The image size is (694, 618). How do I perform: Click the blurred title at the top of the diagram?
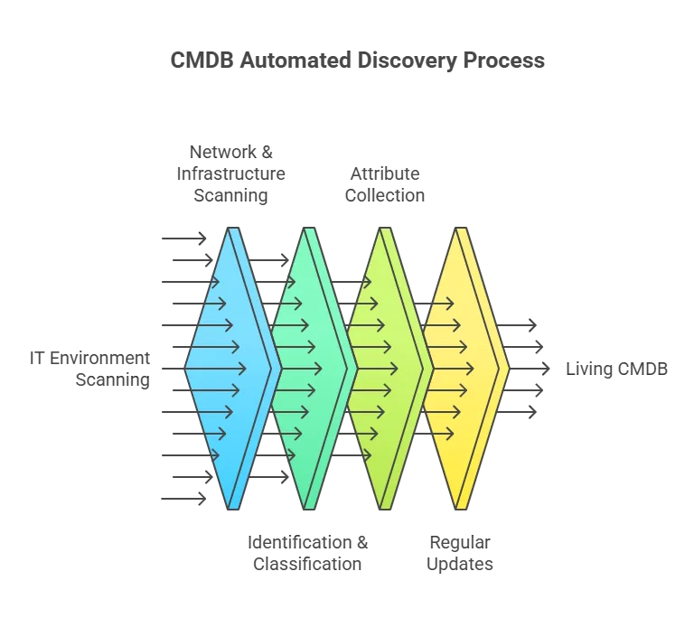(358, 62)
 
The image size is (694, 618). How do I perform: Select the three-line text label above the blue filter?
(230, 173)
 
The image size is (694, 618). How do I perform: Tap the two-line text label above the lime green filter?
(383, 183)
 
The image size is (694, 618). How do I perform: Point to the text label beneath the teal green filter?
(307, 552)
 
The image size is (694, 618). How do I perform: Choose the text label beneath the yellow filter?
(461, 552)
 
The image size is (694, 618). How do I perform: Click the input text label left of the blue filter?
(90, 370)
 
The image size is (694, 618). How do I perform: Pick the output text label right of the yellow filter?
(618, 369)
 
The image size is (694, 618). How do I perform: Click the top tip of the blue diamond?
(235, 228)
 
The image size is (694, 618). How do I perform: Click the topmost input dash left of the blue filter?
(183, 239)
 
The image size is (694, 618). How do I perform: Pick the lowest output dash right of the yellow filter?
(525, 412)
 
